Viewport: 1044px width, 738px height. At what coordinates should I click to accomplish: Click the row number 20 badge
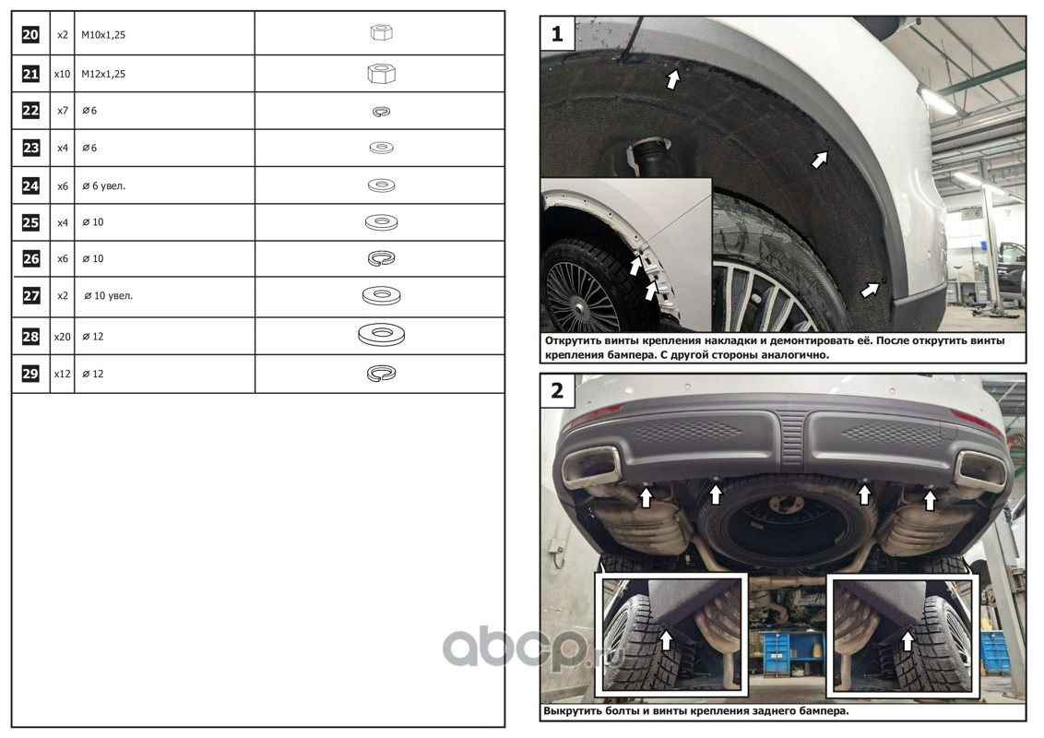[30, 35]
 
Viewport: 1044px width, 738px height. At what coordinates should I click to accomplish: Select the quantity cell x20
[62, 337]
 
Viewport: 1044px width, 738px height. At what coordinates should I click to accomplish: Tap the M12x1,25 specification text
[103, 74]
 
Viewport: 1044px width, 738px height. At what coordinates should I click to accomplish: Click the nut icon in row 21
[382, 73]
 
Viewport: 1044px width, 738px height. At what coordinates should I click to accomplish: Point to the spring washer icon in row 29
[382, 374]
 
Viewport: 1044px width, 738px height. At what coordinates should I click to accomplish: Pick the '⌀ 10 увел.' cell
[109, 296]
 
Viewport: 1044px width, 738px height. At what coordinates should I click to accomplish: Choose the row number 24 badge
[30, 185]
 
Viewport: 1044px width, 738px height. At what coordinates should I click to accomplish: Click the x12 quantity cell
[62, 374]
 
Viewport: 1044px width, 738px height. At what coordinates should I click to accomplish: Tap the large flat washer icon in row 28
[382, 335]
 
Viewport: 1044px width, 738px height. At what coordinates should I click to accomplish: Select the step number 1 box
[558, 33]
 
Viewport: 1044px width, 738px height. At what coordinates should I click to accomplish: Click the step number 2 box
[558, 390]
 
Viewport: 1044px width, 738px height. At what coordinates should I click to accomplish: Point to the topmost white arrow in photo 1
[673, 79]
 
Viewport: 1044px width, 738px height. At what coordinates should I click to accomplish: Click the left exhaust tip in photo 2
[590, 467]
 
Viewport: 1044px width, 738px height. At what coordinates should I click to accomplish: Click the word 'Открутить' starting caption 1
[573, 340]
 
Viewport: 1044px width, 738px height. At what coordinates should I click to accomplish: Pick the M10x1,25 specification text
[103, 35]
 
